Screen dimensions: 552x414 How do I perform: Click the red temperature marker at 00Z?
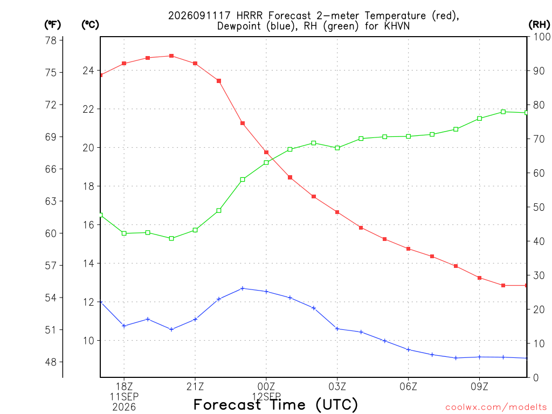click(266, 153)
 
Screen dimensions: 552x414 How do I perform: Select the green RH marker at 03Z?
click(337, 148)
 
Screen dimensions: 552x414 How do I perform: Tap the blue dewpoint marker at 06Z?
click(409, 349)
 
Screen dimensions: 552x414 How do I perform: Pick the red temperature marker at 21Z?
click(195, 64)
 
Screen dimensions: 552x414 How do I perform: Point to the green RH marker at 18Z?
click(124, 233)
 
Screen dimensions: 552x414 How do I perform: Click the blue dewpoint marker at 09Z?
click(479, 357)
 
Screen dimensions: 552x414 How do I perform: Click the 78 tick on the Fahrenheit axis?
click(51, 40)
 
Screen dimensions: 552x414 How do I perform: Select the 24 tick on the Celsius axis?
click(88, 71)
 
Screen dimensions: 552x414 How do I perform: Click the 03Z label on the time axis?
click(337, 387)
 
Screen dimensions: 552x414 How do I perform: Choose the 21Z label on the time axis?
click(195, 387)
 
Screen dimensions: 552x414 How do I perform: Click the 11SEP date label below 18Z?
click(124, 397)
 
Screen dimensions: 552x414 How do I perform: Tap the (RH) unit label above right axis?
click(539, 25)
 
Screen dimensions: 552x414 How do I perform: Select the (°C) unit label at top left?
click(90, 25)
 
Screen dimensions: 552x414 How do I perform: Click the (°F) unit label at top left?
click(52, 25)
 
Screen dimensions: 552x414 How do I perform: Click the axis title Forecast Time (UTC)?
click(275, 405)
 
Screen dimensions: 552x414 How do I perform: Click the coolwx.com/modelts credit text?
click(496, 407)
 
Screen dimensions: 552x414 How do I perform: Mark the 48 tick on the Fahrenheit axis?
click(51, 362)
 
